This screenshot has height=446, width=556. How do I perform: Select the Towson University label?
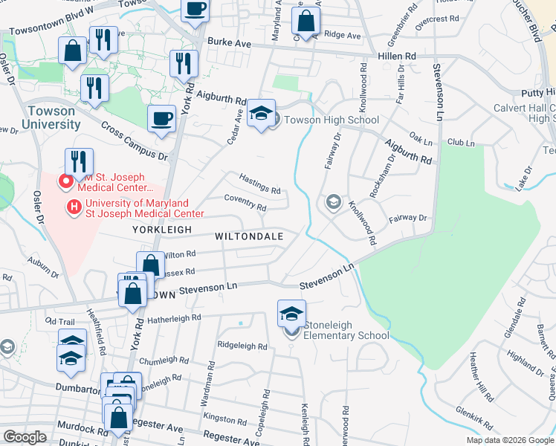(51, 117)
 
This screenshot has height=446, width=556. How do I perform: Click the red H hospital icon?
(74, 207)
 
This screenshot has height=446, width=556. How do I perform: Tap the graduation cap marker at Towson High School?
(261, 114)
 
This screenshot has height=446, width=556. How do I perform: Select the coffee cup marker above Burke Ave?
(195, 10)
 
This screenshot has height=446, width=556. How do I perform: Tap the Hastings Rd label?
(259, 184)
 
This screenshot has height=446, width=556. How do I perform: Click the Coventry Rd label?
(245, 202)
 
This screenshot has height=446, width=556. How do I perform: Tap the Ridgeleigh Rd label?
(242, 346)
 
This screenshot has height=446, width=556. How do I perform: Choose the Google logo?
(25, 437)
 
